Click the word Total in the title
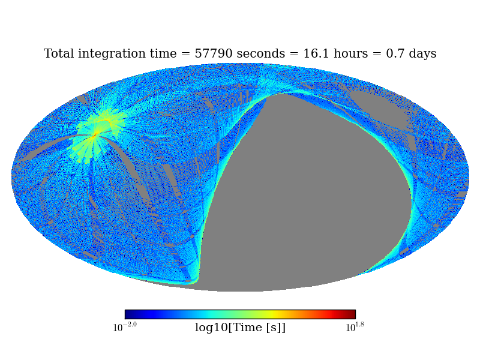coord(59,54)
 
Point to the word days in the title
coord(421,54)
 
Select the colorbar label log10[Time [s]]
coord(240,328)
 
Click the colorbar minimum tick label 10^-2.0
coord(125,327)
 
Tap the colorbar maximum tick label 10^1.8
coord(355,327)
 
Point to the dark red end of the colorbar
coord(352,314)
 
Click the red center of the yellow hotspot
coord(94,136)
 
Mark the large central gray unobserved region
coord(306,198)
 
